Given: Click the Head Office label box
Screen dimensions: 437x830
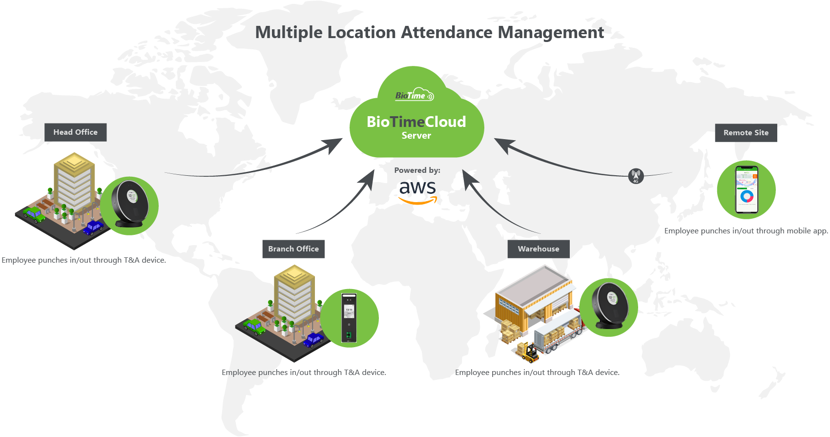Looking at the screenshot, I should click(75, 132).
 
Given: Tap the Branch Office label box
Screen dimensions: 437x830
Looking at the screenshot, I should click(293, 249).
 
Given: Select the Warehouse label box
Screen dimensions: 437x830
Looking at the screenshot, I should click(539, 249).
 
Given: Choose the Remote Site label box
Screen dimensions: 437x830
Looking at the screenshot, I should click(746, 133).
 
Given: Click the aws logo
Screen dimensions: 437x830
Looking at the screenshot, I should click(417, 191).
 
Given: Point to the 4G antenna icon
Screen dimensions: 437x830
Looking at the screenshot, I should click(636, 176).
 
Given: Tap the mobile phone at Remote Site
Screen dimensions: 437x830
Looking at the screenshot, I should click(747, 189).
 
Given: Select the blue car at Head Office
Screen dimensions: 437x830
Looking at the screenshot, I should click(93, 228).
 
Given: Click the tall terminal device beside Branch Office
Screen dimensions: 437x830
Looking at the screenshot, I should click(349, 318).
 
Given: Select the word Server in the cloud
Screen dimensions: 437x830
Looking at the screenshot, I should click(416, 136).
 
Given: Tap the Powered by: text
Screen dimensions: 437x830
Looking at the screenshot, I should click(417, 170).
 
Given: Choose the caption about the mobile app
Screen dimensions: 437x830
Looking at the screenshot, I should click(746, 231).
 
